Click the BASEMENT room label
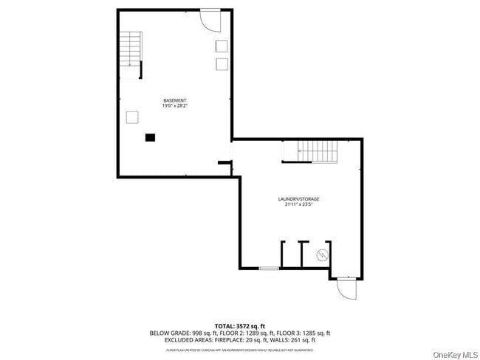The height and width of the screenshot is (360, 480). coord(174,100)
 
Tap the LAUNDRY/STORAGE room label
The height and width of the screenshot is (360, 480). coord(298,199)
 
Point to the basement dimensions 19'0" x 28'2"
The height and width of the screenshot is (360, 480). coord(174,106)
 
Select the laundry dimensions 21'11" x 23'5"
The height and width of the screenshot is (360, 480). coord(298,205)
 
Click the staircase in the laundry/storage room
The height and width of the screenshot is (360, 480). coord(310,153)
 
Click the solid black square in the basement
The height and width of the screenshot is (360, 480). coord(150,136)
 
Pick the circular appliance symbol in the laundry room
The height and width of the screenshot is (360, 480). coord(322,255)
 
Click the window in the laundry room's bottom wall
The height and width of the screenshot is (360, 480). coord(270,268)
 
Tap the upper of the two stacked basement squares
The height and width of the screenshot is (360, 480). coord(222,46)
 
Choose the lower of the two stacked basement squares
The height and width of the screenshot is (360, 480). coord(222,64)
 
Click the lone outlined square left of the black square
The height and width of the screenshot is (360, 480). coord(132,117)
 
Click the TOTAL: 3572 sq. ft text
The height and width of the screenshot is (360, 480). coord(239,326)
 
